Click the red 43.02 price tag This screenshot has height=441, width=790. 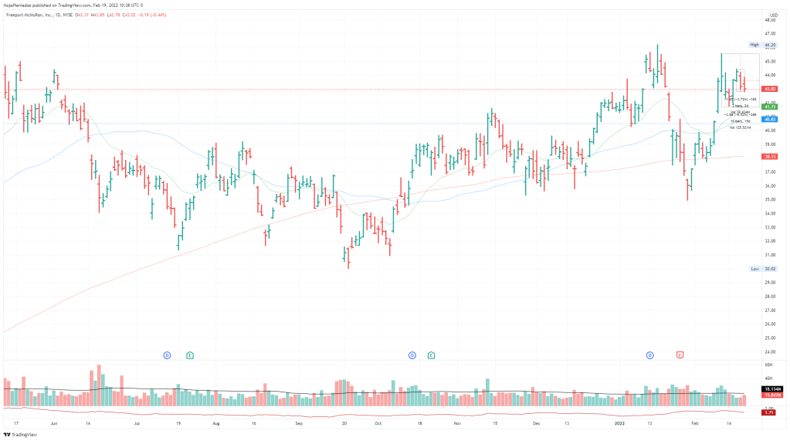(x=769, y=90)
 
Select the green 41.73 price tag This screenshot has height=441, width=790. (x=769, y=107)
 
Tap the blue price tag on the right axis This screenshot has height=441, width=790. (x=769, y=120)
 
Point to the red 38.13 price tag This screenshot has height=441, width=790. (x=769, y=156)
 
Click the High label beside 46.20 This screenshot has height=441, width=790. (x=754, y=46)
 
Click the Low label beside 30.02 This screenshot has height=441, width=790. (x=754, y=269)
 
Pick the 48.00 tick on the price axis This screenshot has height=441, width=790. (x=769, y=19)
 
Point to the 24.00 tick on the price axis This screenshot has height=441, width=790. (x=769, y=351)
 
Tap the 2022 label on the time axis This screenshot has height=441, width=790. (x=619, y=424)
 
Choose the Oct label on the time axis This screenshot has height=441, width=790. (x=378, y=424)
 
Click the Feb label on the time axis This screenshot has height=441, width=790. (x=694, y=424)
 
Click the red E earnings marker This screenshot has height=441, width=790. (x=680, y=355)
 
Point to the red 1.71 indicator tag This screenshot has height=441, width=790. (x=769, y=413)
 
